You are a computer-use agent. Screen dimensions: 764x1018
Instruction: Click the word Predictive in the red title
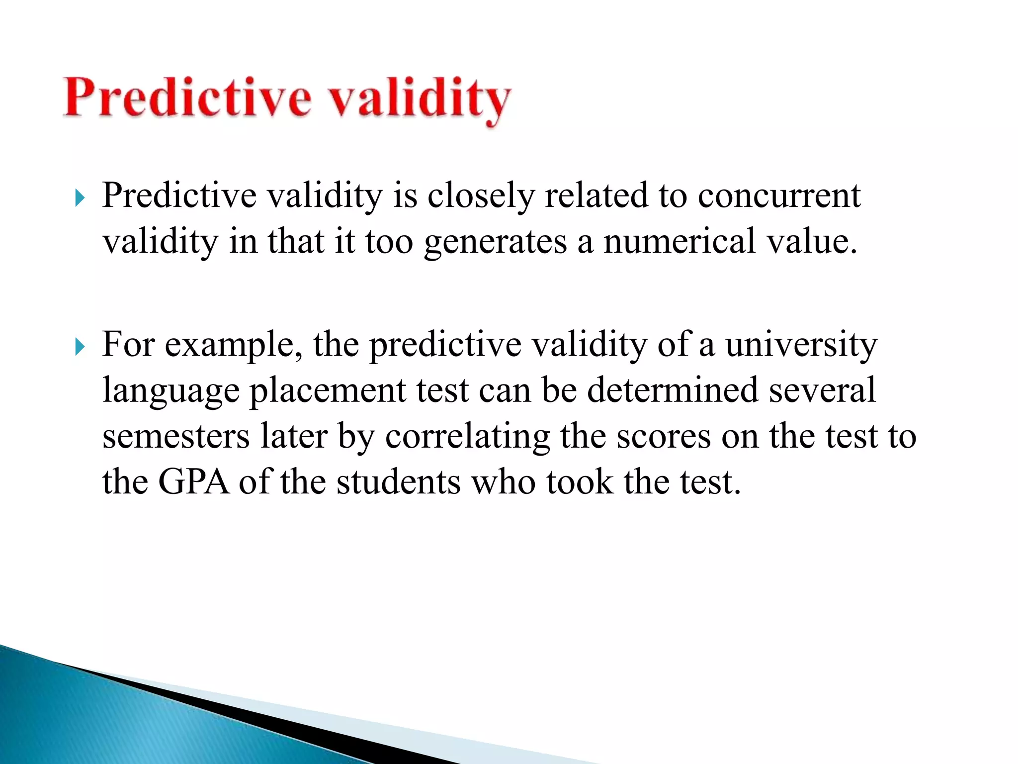[187, 97]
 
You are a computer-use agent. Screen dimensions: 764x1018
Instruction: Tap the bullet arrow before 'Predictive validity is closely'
[80, 198]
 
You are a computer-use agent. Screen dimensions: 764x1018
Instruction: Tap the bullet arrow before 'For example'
[80, 347]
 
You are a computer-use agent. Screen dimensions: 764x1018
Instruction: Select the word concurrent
[779, 195]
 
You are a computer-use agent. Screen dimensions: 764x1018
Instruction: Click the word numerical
[679, 242]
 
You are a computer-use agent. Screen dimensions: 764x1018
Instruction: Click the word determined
[674, 390]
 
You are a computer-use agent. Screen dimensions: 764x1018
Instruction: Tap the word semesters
[176, 437]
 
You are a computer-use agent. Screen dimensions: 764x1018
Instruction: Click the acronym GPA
[194, 482]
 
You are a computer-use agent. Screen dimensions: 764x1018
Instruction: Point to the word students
[399, 482]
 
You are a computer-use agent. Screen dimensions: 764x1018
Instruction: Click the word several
[822, 390]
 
